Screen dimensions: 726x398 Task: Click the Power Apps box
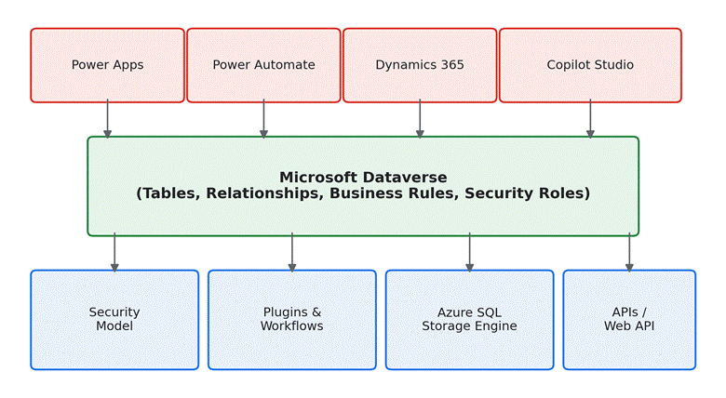pos(107,65)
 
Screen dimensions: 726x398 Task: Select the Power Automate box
pos(264,65)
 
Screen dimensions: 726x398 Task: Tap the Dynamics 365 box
pos(420,65)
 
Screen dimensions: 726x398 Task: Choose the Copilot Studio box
pos(590,65)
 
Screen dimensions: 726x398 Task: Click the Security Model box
pos(114,320)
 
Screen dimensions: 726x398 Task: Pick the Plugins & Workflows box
pos(292,320)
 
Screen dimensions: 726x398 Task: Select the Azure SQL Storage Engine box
pos(469,320)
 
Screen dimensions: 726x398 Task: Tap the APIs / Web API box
pos(629,320)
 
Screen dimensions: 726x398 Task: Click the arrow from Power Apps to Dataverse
pos(107,119)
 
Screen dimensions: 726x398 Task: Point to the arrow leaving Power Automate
pos(264,119)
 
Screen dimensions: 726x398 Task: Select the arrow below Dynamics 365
pos(420,119)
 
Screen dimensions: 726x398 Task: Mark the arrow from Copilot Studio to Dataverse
pos(590,119)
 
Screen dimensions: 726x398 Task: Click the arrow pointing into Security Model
pos(114,252)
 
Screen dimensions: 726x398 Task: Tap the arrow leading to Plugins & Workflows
pos(292,252)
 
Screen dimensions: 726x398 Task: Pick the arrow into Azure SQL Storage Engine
pos(469,252)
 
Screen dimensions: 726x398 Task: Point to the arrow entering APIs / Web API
pos(629,252)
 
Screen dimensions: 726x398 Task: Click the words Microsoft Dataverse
pos(363,178)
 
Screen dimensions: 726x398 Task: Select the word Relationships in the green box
pos(264,193)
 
